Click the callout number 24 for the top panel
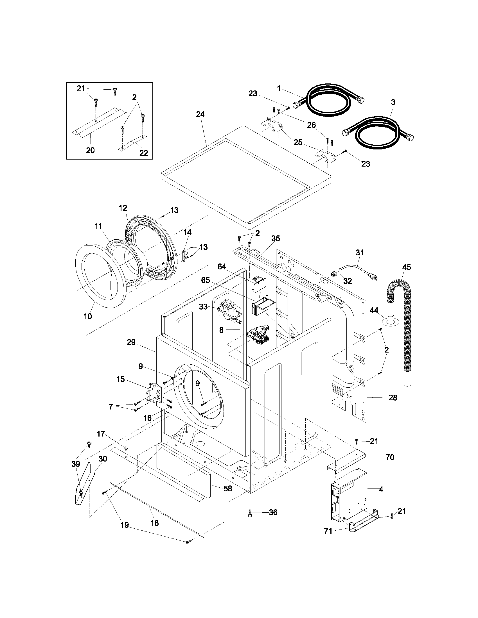pyautogui.click(x=200, y=114)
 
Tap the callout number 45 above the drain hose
pyautogui.click(x=406, y=267)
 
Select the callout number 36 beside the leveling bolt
pyautogui.click(x=273, y=512)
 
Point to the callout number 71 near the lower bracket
pyautogui.click(x=328, y=531)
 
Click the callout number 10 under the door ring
pyautogui.click(x=88, y=316)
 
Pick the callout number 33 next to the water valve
pyautogui.click(x=203, y=306)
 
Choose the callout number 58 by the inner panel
pyautogui.click(x=228, y=489)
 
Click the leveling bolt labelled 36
pyautogui.click(x=250, y=513)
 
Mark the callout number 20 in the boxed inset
pyautogui.click(x=90, y=150)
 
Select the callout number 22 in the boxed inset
pyautogui.click(x=144, y=153)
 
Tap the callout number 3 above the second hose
pyautogui.click(x=393, y=102)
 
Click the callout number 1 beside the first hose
pyautogui.click(x=279, y=88)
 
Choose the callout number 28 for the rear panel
pyautogui.click(x=393, y=397)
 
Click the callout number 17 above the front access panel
pyautogui.click(x=101, y=433)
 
